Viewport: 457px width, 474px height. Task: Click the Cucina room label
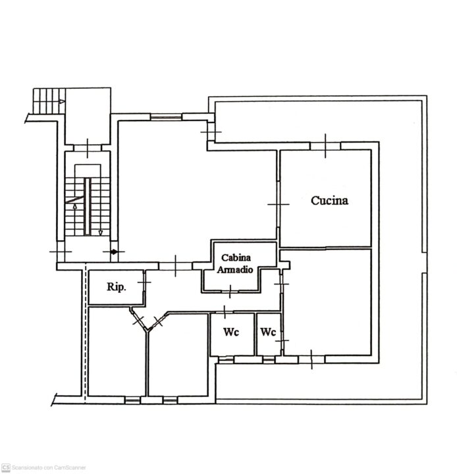click(x=329, y=200)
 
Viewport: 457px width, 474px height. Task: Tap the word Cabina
click(x=236, y=257)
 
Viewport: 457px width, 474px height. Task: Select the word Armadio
click(x=235, y=269)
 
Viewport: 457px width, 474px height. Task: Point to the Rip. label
click(x=116, y=286)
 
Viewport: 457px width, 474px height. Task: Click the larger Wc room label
click(x=231, y=332)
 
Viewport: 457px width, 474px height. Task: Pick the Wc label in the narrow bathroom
click(x=268, y=332)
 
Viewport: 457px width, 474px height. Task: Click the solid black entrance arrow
click(x=115, y=251)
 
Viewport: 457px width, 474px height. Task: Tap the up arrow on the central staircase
click(x=74, y=206)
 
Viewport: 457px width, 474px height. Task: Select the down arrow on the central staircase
click(x=100, y=233)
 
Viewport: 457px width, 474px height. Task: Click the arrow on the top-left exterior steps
click(x=62, y=101)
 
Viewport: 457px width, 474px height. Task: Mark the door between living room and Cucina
click(x=279, y=204)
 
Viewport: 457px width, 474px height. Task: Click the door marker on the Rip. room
click(x=144, y=282)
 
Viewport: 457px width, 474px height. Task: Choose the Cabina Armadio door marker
click(x=230, y=292)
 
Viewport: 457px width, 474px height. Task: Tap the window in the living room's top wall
click(x=166, y=117)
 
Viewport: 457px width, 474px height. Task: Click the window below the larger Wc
click(x=226, y=359)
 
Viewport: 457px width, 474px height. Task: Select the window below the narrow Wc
click(x=269, y=359)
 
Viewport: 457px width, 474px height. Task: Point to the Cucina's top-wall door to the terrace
click(x=325, y=145)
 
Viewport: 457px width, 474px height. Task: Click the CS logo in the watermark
click(x=6, y=467)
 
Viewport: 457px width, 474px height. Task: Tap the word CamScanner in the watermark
click(x=70, y=467)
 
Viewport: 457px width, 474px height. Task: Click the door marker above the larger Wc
click(x=225, y=312)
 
